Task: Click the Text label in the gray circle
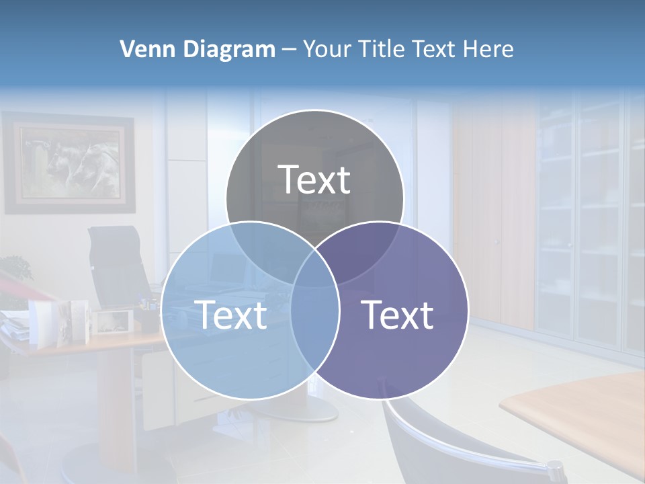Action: click(314, 180)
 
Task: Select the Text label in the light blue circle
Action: click(230, 315)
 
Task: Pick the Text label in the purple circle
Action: click(398, 315)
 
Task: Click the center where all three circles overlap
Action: click(314, 266)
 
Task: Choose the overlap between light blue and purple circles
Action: click(315, 323)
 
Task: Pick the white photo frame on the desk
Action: click(112, 321)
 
